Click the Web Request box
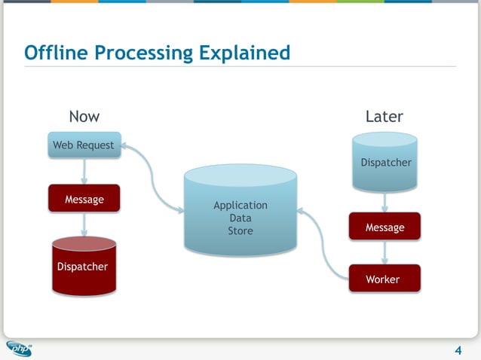(x=84, y=145)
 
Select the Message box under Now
(x=84, y=200)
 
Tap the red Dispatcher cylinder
(x=84, y=267)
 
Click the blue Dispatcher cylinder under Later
(x=385, y=162)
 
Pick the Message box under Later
(x=384, y=227)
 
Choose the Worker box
(x=384, y=279)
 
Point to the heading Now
(x=84, y=116)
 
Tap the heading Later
(x=384, y=116)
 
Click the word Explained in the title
(x=244, y=53)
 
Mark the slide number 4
(x=458, y=349)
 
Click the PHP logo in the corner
(x=20, y=348)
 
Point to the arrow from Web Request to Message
(x=84, y=171)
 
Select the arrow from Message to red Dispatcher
(x=84, y=224)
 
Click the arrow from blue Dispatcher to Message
(x=385, y=201)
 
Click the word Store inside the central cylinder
(x=240, y=230)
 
